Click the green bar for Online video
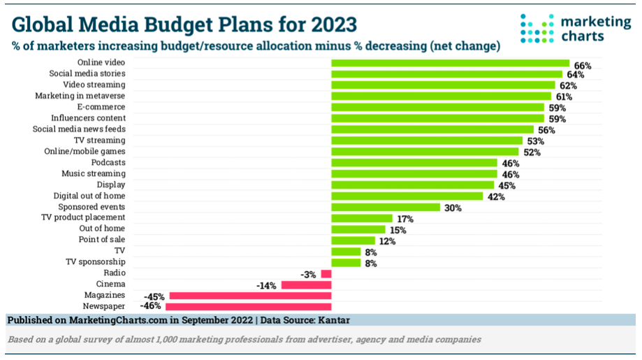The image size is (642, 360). [x=450, y=63]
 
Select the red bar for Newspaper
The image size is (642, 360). [x=248, y=306]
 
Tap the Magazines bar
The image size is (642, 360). [x=250, y=296]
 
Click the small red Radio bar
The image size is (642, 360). [x=326, y=273]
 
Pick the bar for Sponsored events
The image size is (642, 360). [x=385, y=207]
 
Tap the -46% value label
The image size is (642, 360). [x=152, y=307]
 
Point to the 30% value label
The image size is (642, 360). [x=452, y=208]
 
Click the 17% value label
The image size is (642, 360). [x=405, y=219]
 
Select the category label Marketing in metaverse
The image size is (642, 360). [x=80, y=96]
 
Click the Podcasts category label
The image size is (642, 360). [x=108, y=162]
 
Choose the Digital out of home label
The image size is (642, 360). [x=89, y=196]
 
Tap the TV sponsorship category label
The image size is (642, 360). [x=96, y=262]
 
